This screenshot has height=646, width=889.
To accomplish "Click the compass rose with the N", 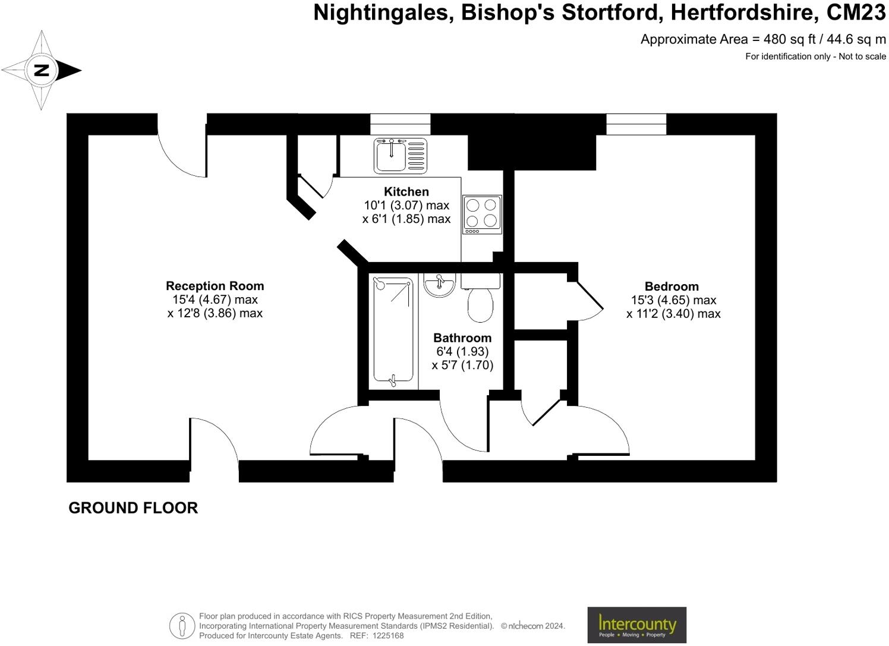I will tap(41, 70).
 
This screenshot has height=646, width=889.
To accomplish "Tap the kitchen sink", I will tap(400, 155).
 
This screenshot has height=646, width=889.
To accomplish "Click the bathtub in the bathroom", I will tap(393, 330).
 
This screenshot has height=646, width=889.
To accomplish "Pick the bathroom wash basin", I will tap(439, 285).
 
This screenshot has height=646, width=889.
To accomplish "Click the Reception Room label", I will tap(215, 286).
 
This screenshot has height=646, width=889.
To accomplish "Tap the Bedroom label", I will tap(672, 286).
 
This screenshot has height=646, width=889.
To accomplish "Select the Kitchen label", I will tap(406, 191).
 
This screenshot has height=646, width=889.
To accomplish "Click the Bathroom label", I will tap(462, 338).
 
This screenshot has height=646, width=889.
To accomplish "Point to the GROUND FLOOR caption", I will tap(133, 508).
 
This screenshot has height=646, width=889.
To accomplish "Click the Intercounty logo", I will tap(636, 625).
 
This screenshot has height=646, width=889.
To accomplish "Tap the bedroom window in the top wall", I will tap(636, 124).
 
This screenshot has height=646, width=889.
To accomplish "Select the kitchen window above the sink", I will tap(400, 124).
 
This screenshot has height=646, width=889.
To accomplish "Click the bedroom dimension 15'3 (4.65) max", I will tap(673, 300).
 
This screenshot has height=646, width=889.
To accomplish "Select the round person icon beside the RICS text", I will tap(182, 626).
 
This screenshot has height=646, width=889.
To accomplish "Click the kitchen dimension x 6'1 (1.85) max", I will tap(406, 219).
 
